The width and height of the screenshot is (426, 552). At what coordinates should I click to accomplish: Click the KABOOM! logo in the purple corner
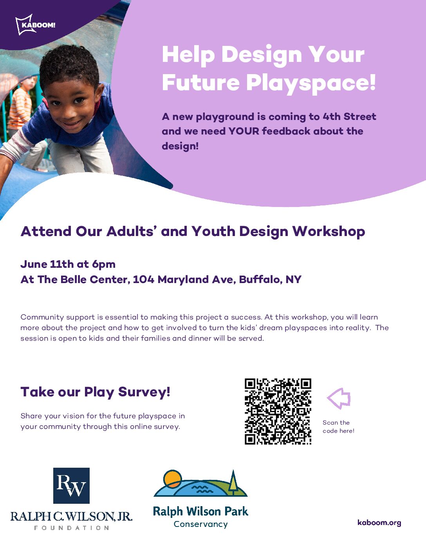35,25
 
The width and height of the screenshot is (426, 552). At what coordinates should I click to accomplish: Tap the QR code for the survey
278,411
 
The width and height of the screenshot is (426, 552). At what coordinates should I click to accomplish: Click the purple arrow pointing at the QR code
339,398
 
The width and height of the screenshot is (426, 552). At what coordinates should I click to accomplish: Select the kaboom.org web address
379,523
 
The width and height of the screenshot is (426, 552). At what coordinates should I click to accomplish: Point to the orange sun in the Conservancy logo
173,479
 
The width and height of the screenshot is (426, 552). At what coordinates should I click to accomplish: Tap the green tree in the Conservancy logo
233,482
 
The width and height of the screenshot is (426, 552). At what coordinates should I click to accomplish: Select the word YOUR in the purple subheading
244,131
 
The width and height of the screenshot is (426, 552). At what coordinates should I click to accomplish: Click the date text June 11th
47,264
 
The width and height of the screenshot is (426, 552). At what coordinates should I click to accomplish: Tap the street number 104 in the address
143,279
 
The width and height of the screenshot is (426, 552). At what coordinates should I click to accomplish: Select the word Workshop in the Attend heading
329,232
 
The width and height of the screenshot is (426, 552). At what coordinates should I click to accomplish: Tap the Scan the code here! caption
338,427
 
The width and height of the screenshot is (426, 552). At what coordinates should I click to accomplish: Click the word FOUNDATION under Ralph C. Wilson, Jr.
72,528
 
